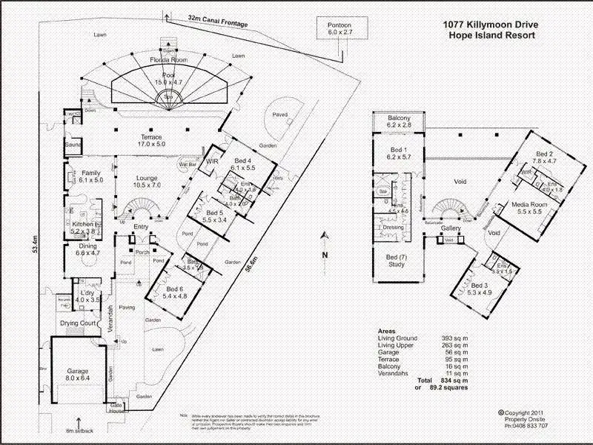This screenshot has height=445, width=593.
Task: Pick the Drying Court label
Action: point(78,324)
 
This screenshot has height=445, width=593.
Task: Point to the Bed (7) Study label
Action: point(397,260)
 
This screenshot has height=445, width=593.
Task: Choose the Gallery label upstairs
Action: point(451,228)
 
